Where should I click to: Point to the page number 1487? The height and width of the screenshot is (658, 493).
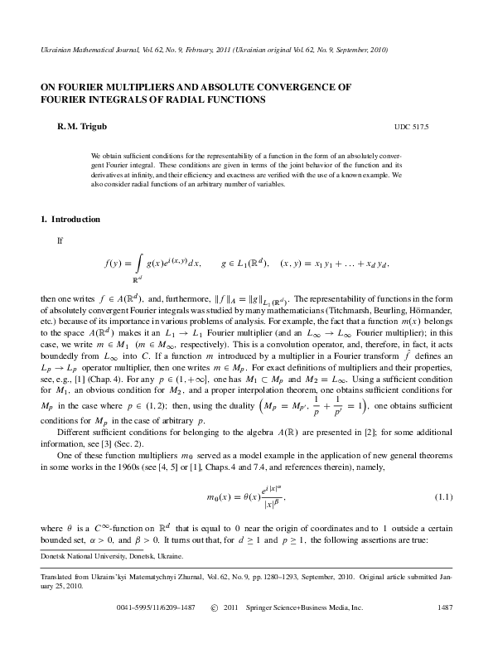point(444,631)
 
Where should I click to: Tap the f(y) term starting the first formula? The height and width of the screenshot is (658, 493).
point(114,264)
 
